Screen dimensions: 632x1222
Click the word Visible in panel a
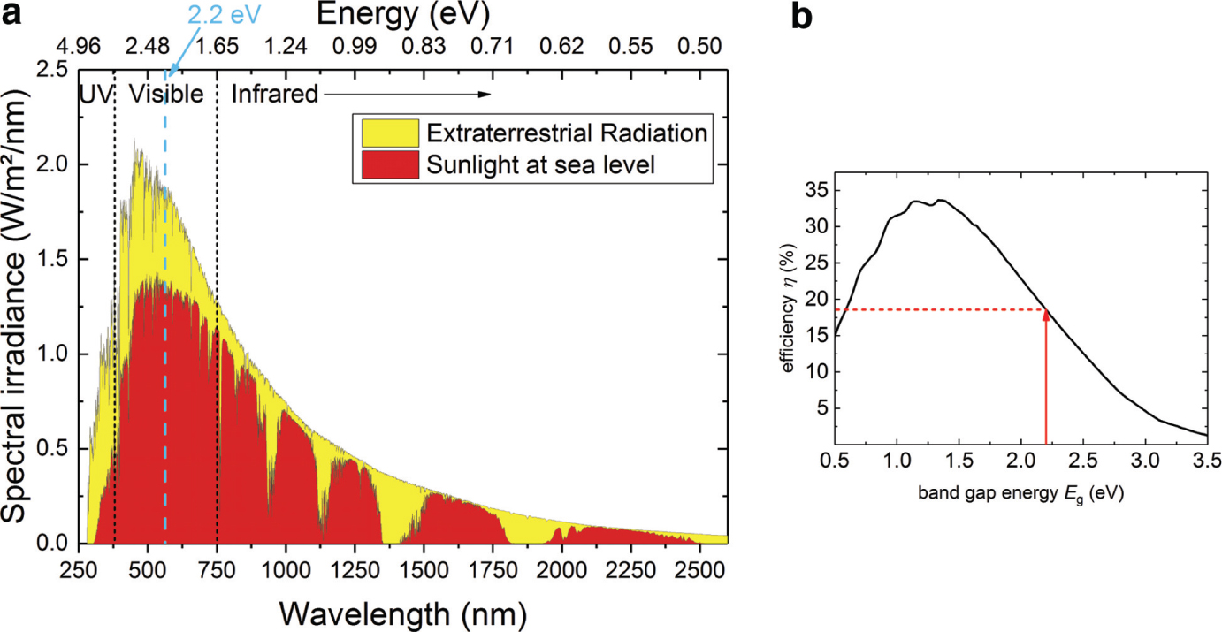[166, 94]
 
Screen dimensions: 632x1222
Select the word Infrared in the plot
[274, 94]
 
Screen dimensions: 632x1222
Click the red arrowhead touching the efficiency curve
[1046, 314]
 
